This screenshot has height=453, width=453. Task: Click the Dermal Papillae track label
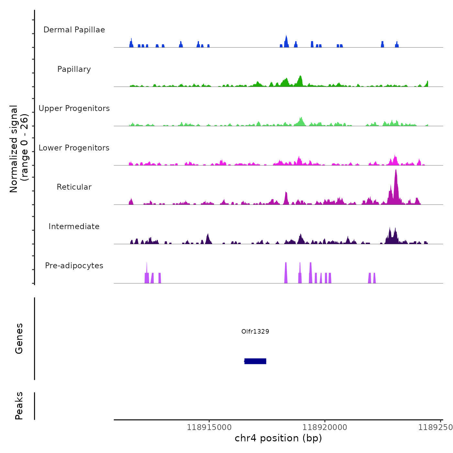(74, 30)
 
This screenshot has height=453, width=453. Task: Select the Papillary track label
(74, 69)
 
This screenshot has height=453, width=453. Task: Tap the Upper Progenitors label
(74, 108)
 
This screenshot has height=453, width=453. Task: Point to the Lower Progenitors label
(74, 148)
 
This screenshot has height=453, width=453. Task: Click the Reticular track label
(74, 187)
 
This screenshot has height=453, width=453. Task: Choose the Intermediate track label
(74, 226)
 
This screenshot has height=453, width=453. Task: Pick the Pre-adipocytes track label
(74, 266)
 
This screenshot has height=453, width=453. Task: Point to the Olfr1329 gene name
(255, 331)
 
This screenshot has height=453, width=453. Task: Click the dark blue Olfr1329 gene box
(255, 361)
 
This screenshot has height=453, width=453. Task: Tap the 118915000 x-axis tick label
(209, 427)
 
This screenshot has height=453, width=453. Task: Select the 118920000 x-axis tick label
(325, 427)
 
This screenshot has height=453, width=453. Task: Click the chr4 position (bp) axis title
(278, 438)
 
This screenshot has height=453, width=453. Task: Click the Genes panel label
(19, 338)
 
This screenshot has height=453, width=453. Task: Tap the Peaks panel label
(19, 406)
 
